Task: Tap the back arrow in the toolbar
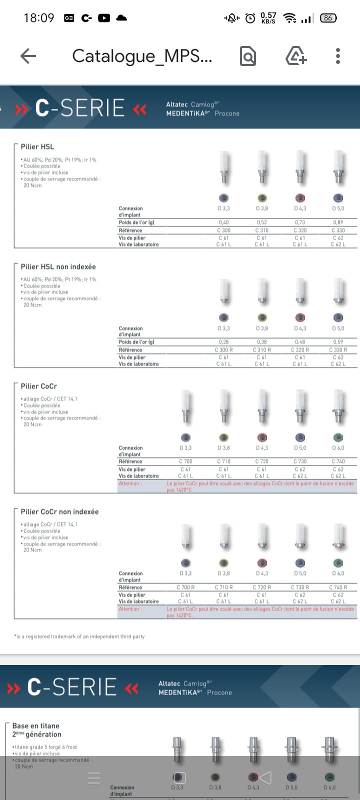pos(28,56)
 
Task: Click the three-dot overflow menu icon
pos(338,56)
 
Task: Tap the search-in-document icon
pos(248,56)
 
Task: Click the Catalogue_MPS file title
pos(142,56)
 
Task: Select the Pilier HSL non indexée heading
pos(58,267)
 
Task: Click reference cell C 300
pos(223,230)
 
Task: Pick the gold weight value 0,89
pos(338,222)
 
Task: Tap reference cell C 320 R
pos(300,350)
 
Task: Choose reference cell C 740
pos(338,461)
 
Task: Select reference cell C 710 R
pos(223,587)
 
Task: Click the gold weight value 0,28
pos(223,342)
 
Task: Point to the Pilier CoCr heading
pos(39,386)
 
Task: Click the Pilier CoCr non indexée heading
pos(59,512)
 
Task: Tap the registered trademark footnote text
pos(79,636)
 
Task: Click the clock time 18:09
pos(38,18)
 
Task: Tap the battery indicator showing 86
pos(328,18)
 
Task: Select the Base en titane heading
pos(36,730)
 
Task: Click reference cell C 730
pos(300,461)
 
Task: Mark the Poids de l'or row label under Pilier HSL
pos(136,222)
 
